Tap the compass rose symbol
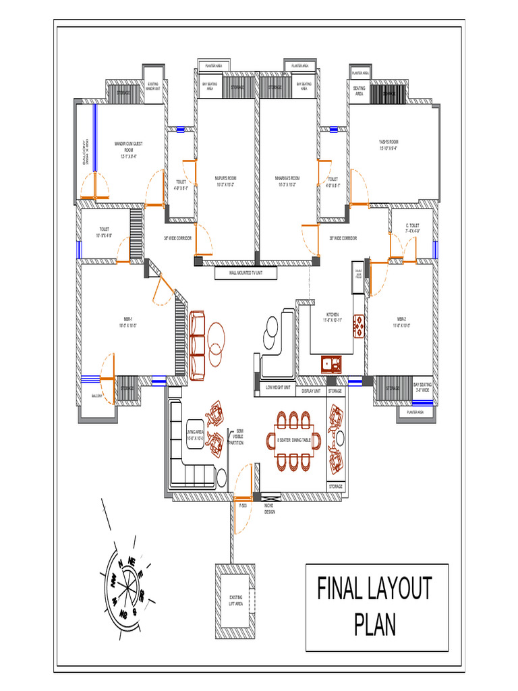tap(125, 580)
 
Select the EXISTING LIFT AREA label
tap(235, 600)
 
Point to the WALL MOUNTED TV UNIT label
tap(245, 273)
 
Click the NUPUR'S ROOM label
tap(225, 180)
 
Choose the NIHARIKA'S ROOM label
tap(287, 180)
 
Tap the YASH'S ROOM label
tap(388, 144)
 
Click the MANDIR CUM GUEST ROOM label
tap(128, 149)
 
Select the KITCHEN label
tap(333, 316)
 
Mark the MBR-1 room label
tap(129, 322)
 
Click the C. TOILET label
tap(412, 227)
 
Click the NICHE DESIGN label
tap(269, 509)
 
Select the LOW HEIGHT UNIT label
tap(277, 388)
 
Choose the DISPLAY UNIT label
tap(311, 390)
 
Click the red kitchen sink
tap(331, 364)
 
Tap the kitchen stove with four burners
tap(359, 327)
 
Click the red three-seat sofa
tap(197, 344)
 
